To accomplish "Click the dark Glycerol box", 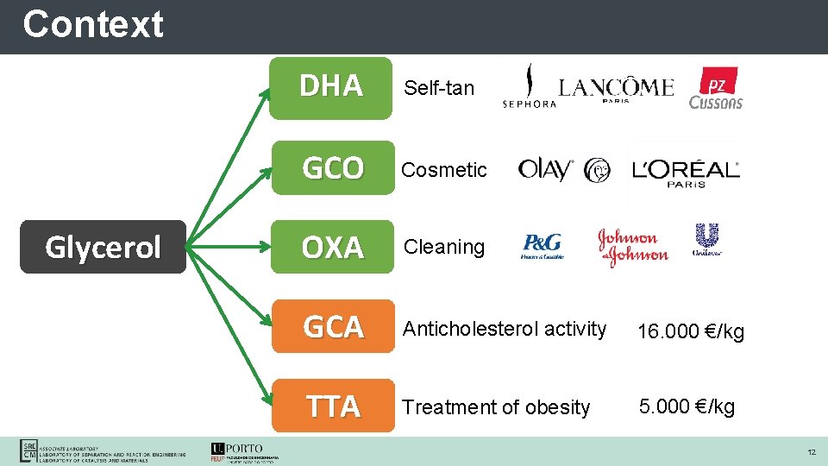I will point(103,247).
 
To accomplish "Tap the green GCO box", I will point(332,167).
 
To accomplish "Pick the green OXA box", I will point(332,247).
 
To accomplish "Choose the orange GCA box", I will point(332,326).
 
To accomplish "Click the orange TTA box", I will point(332,406).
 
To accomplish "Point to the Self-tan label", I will point(439,87).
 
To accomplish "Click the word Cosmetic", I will point(444,170).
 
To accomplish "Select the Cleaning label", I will point(444,247).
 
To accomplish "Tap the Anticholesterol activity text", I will point(505,329).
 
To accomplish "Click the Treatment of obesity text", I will point(497,407).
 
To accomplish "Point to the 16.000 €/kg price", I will point(690,332).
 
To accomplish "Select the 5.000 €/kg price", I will point(687,406).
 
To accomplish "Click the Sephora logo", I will point(529,89).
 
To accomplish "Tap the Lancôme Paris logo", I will point(616,88).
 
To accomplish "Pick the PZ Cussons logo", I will point(716,89).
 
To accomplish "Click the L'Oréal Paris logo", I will point(686,170).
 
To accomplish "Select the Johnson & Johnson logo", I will point(633,248).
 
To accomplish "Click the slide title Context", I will point(93,24).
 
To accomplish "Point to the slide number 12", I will point(811,452).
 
